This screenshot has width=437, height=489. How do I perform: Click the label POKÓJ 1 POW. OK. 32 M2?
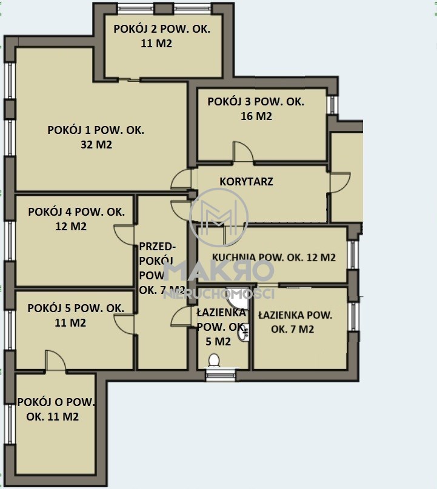[96, 137]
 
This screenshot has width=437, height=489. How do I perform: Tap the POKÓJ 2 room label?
[162, 36]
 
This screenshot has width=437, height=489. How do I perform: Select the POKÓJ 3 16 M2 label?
[256, 109]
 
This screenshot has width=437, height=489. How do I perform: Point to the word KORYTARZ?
[247, 182]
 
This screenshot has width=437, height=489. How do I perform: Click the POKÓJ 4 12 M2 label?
[76, 219]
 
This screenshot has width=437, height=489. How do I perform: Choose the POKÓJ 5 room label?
[76, 315]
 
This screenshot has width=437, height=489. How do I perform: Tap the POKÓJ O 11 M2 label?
[56, 409]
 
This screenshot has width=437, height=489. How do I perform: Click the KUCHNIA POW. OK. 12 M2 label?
[274, 258]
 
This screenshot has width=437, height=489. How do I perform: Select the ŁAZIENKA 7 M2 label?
[295, 322]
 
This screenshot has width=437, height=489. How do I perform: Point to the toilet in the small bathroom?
[214, 361]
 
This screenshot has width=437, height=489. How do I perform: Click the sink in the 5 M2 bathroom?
[244, 333]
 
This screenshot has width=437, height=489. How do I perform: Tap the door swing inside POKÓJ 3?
[243, 152]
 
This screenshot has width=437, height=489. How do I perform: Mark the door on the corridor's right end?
[340, 182]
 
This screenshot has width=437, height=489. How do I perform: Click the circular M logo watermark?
[219, 217]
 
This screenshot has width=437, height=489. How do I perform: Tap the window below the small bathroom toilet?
[221, 375]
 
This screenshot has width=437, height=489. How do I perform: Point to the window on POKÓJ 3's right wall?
[332, 104]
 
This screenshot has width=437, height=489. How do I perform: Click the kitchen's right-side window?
[353, 254]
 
